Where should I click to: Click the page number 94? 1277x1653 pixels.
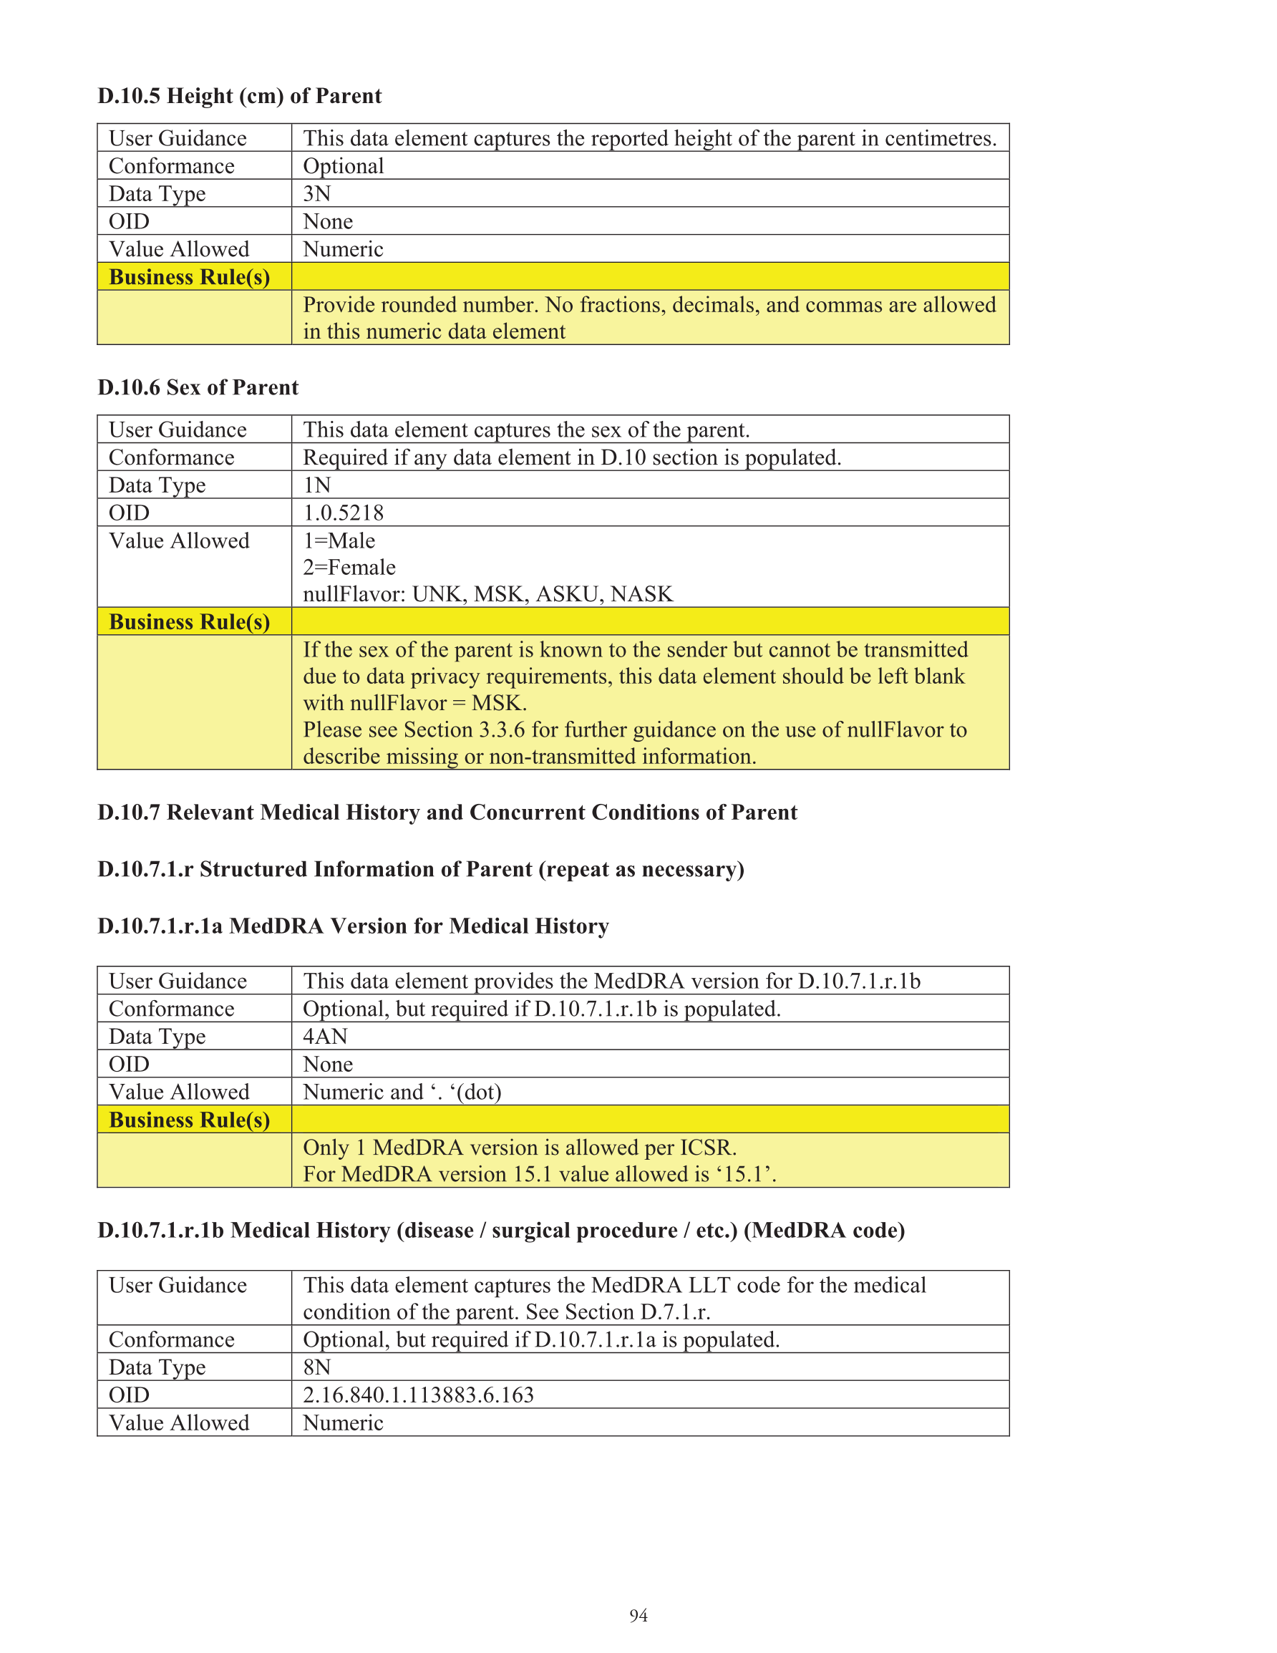pyautogui.click(x=638, y=1615)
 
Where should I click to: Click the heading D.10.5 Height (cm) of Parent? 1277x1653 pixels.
pyautogui.click(x=239, y=96)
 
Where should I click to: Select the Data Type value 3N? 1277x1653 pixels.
pyautogui.click(x=316, y=194)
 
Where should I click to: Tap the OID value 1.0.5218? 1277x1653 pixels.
pyautogui.click(x=343, y=513)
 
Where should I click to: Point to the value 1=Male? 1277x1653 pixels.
pyautogui.click(x=339, y=541)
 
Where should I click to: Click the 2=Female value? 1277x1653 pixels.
pyautogui.click(x=349, y=567)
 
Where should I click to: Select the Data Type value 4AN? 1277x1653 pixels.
pyautogui.click(x=325, y=1036)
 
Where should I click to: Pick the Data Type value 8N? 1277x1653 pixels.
pyautogui.click(x=316, y=1367)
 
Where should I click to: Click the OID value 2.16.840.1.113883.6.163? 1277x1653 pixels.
pyautogui.click(x=418, y=1395)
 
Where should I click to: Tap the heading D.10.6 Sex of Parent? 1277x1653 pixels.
pyautogui.click(x=198, y=387)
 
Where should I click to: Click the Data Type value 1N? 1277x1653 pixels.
pyautogui.click(x=316, y=485)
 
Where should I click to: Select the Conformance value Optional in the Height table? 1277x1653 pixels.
pyautogui.click(x=343, y=166)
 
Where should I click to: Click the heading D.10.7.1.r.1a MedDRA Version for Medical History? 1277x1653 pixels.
pyautogui.click(x=353, y=926)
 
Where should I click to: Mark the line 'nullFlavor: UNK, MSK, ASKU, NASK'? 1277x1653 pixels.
pyautogui.click(x=487, y=594)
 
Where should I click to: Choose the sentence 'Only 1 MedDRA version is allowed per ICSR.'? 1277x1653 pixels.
pyautogui.click(x=519, y=1148)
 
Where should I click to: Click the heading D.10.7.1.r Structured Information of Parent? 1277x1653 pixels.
pyautogui.click(x=420, y=870)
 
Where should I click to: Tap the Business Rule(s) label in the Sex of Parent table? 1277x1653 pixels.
pyautogui.click(x=189, y=621)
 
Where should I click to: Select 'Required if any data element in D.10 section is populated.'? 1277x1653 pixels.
pyautogui.click(x=571, y=457)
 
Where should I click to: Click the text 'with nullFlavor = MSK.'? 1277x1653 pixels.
pyautogui.click(x=415, y=703)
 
